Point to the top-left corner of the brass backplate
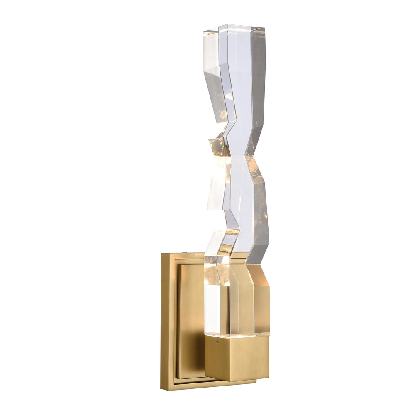pos(162,254)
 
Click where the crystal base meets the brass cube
pos(237,334)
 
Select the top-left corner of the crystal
pos(204,32)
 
